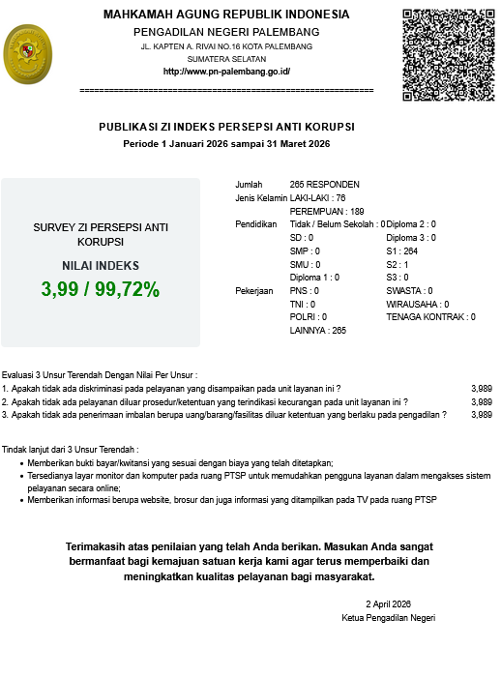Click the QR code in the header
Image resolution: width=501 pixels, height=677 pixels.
[x=449, y=54]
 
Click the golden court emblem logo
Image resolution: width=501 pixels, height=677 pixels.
[x=32, y=56]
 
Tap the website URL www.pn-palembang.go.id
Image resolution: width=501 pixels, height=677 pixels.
[x=226, y=72]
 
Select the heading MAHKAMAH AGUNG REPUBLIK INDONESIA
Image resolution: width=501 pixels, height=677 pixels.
[x=226, y=15]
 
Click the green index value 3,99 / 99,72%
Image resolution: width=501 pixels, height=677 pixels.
[x=101, y=289]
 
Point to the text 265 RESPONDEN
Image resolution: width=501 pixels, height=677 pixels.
[x=324, y=185]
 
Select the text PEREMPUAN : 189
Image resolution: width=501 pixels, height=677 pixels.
[x=327, y=211]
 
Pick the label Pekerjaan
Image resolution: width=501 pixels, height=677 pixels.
[x=253, y=290]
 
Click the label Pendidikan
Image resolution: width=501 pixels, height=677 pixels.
[x=256, y=224]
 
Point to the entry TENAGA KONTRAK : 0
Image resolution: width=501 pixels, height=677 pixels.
[x=430, y=316]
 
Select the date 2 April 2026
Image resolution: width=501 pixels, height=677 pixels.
[x=389, y=603]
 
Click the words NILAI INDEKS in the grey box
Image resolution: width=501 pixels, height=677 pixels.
[x=101, y=265]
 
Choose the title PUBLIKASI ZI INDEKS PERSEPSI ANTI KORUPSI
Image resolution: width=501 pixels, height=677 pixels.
[x=226, y=127]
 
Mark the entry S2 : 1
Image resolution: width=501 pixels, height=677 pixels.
[x=398, y=264]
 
